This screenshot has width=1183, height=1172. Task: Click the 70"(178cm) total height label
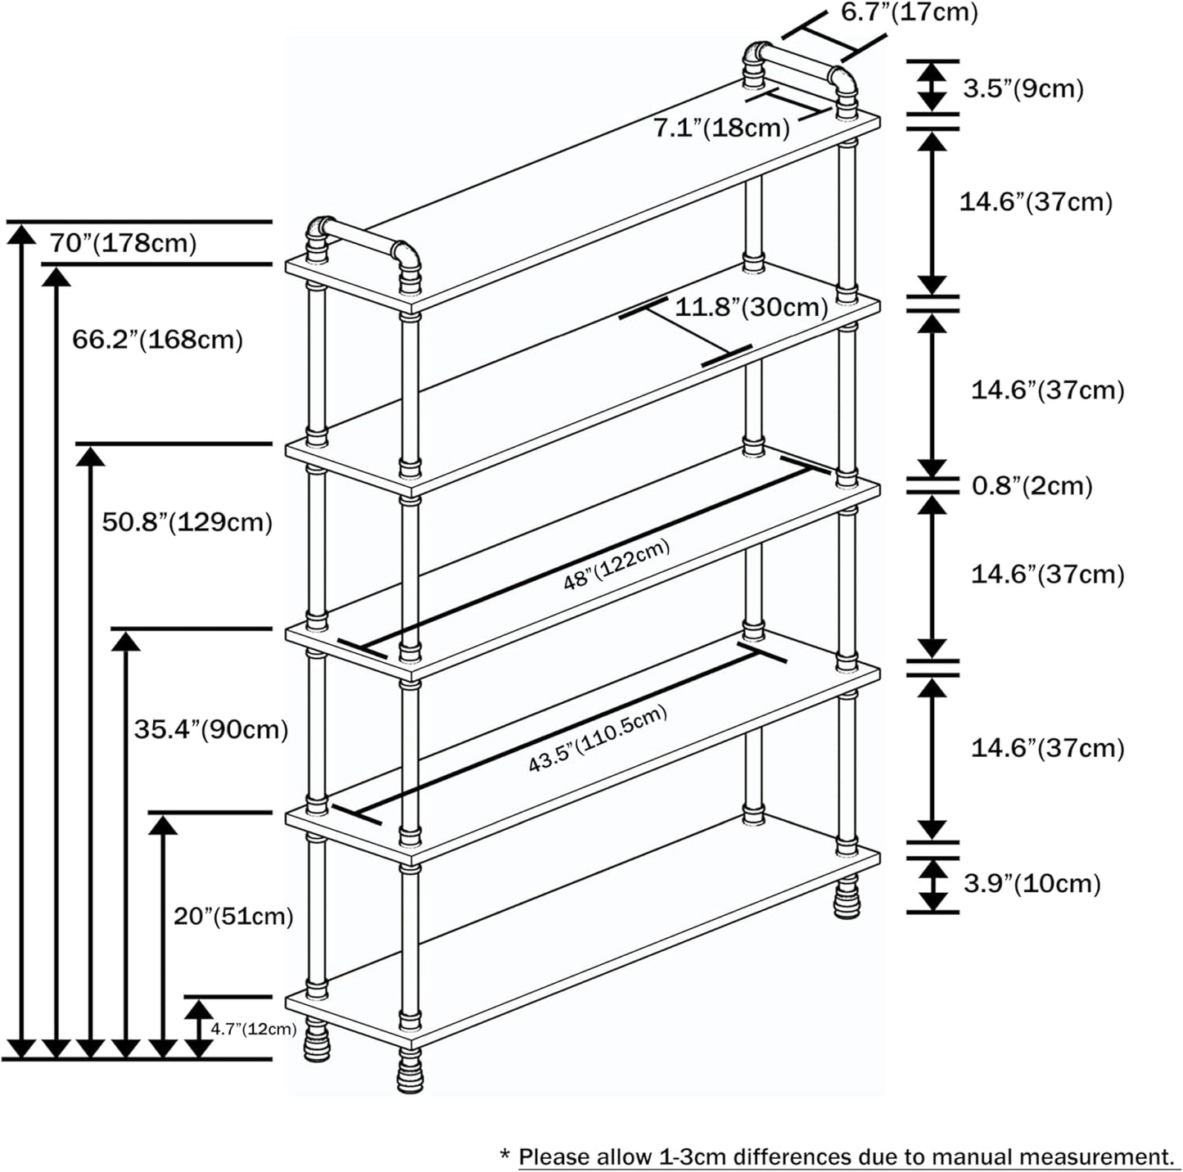(x=123, y=243)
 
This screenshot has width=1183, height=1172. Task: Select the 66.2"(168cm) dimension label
(x=157, y=339)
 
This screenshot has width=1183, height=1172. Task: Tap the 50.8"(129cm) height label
(x=187, y=521)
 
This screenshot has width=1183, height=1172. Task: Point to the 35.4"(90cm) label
(x=211, y=728)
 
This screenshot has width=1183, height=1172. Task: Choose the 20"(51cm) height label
(x=233, y=915)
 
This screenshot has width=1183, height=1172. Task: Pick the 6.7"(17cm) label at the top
(x=909, y=13)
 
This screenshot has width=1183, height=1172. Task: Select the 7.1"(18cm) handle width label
(x=721, y=128)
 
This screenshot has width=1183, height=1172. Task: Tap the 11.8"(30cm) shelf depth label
(x=751, y=307)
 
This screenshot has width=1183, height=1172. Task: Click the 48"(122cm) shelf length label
(x=616, y=566)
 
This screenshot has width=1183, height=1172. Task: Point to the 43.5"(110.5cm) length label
(x=597, y=739)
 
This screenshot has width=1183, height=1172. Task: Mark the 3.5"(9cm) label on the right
(x=1023, y=88)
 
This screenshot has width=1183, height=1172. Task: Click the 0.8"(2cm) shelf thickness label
(x=1032, y=485)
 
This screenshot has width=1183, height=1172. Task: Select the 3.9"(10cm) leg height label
(x=1032, y=883)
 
